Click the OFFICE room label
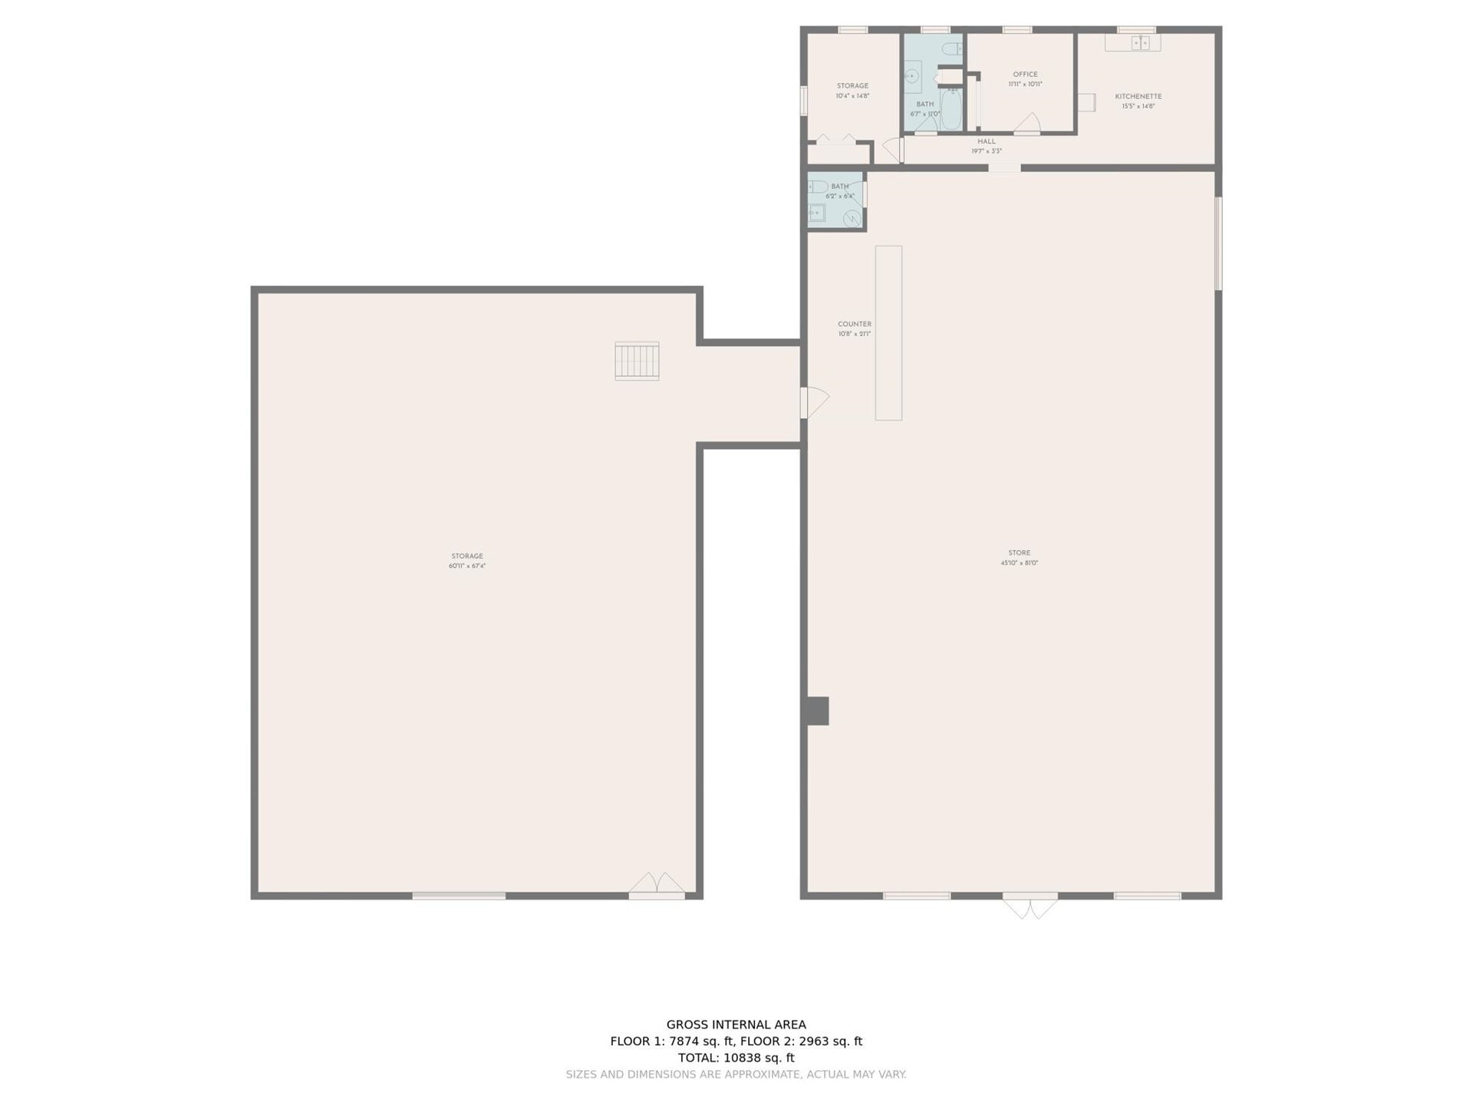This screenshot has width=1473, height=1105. click(x=1025, y=74)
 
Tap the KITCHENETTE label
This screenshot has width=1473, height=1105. click(x=1138, y=97)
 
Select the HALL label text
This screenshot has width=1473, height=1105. click(x=986, y=141)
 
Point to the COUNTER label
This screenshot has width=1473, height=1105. click(x=854, y=325)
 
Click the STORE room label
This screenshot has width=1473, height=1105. click(x=1019, y=553)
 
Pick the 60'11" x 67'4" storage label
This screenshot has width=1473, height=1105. click(x=467, y=561)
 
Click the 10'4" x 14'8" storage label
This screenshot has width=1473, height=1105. click(x=852, y=91)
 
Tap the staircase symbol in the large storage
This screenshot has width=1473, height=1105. click(x=637, y=361)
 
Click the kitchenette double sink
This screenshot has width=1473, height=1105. click(x=1141, y=43)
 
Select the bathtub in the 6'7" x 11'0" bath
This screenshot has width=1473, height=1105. click(x=951, y=110)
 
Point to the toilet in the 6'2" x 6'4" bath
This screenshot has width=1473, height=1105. click(x=818, y=186)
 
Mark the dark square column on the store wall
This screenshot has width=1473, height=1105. click(x=818, y=711)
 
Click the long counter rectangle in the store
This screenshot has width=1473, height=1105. click(x=888, y=332)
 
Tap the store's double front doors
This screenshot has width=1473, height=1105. click(x=1030, y=905)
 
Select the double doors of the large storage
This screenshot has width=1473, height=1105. click(x=657, y=886)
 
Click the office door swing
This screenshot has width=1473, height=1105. click(x=1028, y=123)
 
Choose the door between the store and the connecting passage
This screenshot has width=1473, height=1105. click(x=813, y=403)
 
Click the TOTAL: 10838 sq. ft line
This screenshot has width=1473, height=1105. click(x=736, y=1057)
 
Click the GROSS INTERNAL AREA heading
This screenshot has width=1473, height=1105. click(x=736, y=1024)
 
